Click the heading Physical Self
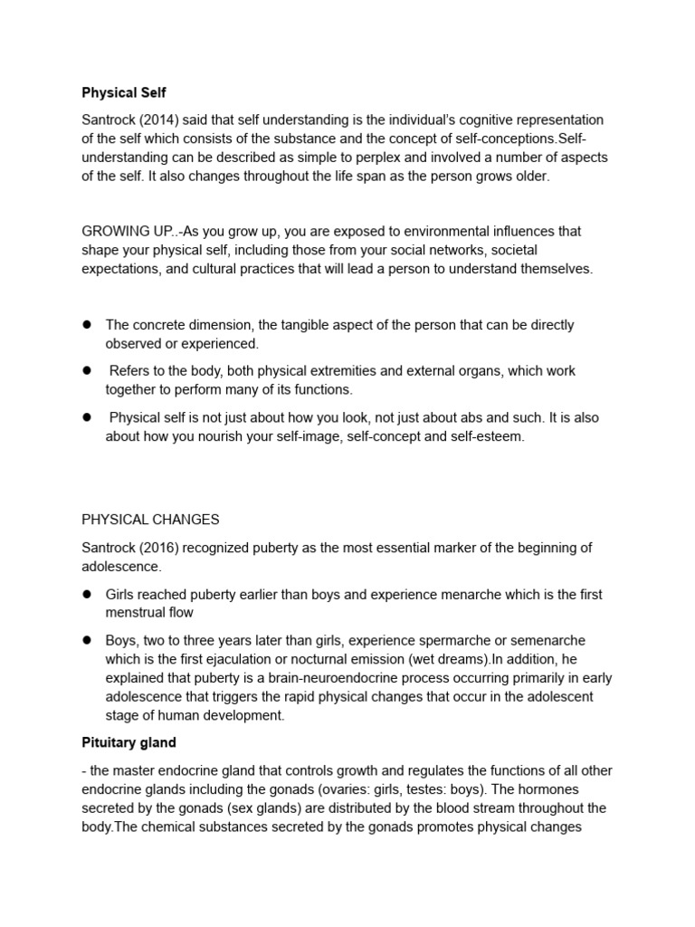124,92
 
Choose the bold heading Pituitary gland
129,742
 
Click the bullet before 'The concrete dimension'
89,324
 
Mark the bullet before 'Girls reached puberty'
89,594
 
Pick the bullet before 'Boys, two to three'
89,640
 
